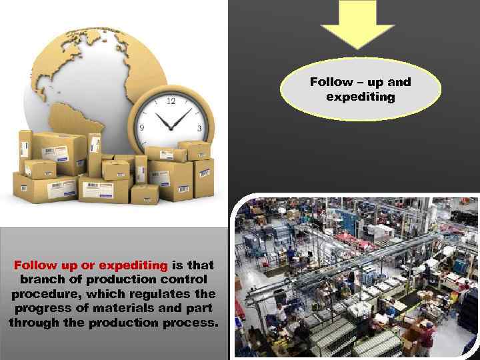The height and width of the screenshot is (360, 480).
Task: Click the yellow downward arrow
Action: point(357,23)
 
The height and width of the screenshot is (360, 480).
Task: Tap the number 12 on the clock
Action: point(171,101)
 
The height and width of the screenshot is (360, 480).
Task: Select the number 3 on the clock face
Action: point(199,128)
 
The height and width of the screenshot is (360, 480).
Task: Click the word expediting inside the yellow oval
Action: point(361,97)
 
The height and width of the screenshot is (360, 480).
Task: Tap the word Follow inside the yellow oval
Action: point(331,82)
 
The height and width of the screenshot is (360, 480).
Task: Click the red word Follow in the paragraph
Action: point(35,265)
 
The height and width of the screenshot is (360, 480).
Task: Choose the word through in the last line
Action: point(33,323)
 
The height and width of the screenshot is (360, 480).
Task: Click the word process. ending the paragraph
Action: point(191,323)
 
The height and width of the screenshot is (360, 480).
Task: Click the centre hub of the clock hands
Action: point(172,129)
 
